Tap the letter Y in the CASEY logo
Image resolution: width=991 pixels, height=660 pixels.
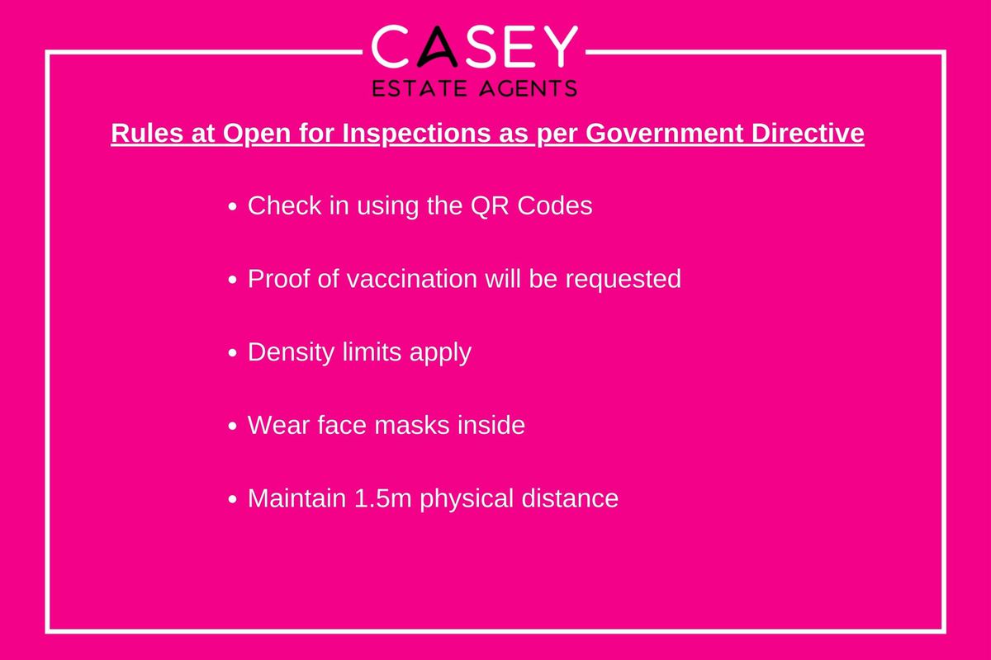pos(559,46)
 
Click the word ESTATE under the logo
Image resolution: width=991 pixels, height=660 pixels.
pos(420,88)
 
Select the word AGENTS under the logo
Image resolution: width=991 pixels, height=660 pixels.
pos(529,88)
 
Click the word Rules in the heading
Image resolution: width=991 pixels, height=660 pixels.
pos(147,133)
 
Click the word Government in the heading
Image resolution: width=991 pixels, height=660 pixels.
pos(665,133)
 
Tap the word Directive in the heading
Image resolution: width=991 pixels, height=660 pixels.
pos(808,133)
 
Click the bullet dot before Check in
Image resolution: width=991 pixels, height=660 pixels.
pos(232,206)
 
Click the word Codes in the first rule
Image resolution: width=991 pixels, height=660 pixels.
pos(555,205)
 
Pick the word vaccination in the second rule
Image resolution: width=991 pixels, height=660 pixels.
pos(411,279)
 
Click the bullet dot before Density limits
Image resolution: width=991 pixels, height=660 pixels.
pos(232,353)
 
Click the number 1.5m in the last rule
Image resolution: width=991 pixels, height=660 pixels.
pos(382,498)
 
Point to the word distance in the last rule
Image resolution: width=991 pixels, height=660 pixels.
pos(570,498)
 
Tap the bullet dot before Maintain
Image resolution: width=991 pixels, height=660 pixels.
pos(232,499)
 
